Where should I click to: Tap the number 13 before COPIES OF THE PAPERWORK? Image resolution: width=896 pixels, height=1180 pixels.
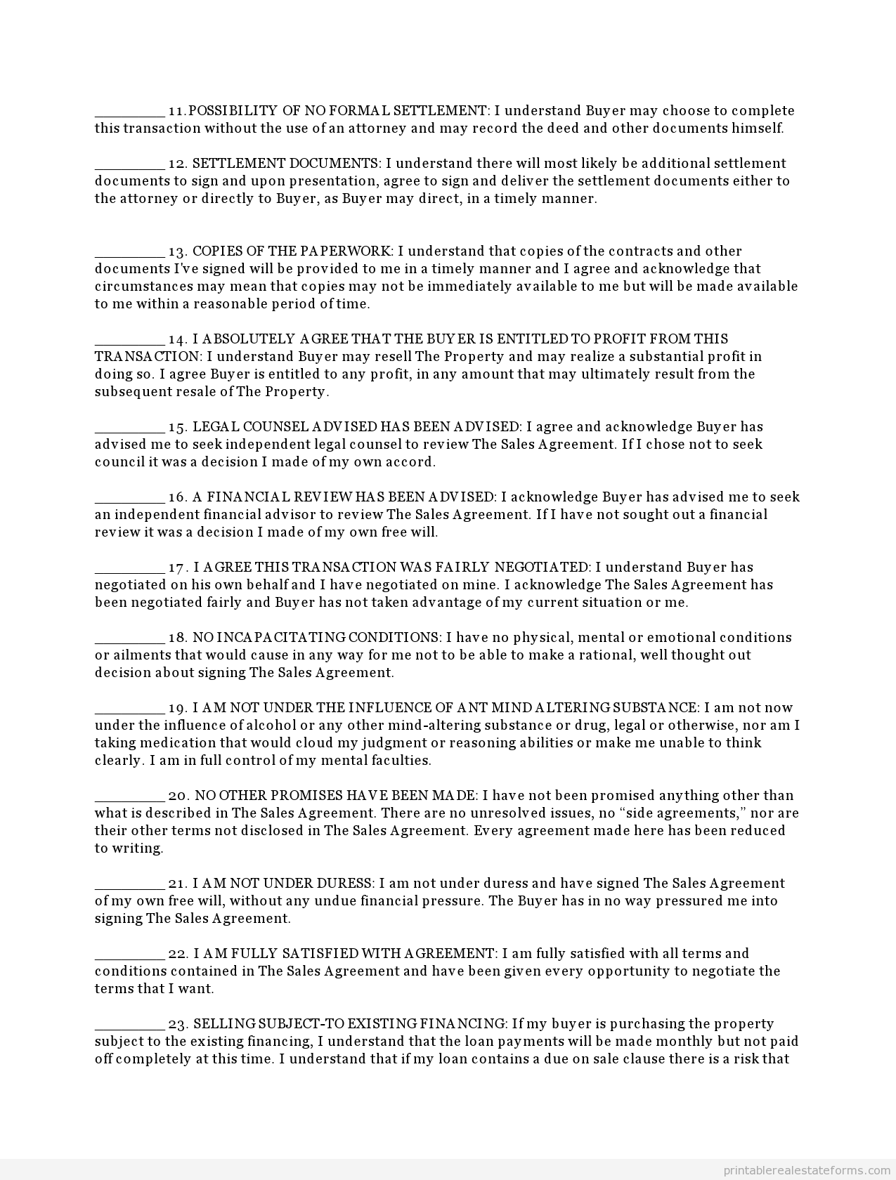tap(177, 251)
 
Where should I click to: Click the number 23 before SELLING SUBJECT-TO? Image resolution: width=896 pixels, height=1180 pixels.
tap(177, 1024)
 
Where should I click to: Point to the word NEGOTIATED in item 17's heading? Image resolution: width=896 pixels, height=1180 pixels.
tap(542, 568)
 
